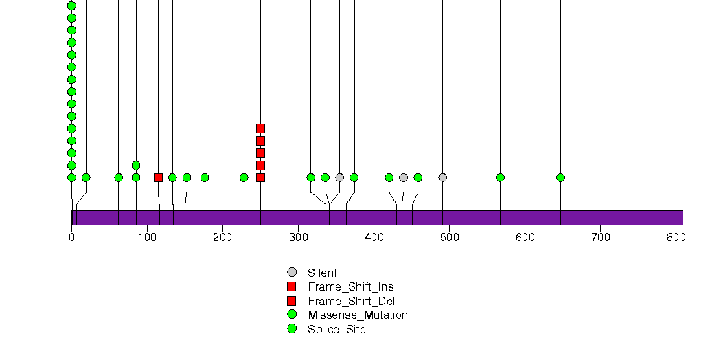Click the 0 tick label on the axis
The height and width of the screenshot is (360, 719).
71,237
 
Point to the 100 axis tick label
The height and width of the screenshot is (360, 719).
147,237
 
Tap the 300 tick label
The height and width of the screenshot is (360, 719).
299,237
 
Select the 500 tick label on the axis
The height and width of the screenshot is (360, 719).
449,237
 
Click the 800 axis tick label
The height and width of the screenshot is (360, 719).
676,237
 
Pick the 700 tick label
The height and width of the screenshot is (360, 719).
601,237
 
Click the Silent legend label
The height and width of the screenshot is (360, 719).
322,273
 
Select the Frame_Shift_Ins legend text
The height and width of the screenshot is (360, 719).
351,287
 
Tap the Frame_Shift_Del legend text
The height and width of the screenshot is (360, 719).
351,302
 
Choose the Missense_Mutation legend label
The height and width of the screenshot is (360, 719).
358,315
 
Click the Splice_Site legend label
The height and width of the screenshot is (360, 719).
336,329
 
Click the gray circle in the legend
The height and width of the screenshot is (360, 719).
292,273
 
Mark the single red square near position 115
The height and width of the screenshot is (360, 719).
158,177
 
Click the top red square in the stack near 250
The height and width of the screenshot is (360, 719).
260,128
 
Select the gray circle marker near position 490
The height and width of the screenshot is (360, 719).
442,177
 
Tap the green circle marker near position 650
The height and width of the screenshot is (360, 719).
560,177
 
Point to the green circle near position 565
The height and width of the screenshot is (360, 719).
500,177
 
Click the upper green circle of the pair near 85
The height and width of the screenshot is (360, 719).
136,165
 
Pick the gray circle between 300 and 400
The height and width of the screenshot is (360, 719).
339,177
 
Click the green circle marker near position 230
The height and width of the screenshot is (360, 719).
244,177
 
